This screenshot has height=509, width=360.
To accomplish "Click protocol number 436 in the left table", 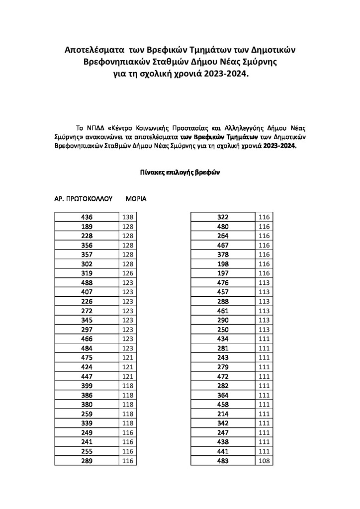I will click(87, 217).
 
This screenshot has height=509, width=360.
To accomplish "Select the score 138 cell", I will click(128, 217).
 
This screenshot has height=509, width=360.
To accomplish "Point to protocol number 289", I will click(87, 461).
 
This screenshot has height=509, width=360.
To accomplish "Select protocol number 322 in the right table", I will click(223, 217).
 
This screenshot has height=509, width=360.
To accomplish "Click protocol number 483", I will click(223, 461).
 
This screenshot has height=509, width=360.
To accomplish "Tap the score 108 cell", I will click(264, 461).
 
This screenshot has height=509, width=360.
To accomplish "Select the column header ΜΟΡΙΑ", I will click(136, 198).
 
